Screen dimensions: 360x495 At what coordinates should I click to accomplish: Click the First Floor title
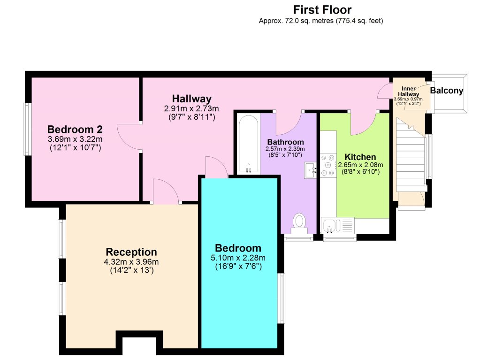322,9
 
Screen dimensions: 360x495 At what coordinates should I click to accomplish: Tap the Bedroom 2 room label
75,129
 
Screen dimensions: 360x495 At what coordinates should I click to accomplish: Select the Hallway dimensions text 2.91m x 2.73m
191,108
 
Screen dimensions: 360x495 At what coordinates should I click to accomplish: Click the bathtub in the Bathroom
248,145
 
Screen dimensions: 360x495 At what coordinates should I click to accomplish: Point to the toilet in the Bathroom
299,222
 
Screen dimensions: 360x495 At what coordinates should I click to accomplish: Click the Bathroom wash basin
311,170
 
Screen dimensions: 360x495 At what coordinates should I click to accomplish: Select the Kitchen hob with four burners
327,165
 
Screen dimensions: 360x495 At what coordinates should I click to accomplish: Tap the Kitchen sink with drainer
338,225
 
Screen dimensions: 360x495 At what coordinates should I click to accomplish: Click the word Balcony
447,91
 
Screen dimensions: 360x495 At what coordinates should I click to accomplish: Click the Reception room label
131,252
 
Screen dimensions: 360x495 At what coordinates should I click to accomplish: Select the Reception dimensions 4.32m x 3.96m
131,262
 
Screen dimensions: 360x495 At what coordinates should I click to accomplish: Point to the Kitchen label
360,157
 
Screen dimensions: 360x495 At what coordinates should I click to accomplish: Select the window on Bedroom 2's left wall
27,129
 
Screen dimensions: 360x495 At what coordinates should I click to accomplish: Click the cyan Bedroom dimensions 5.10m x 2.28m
238,258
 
